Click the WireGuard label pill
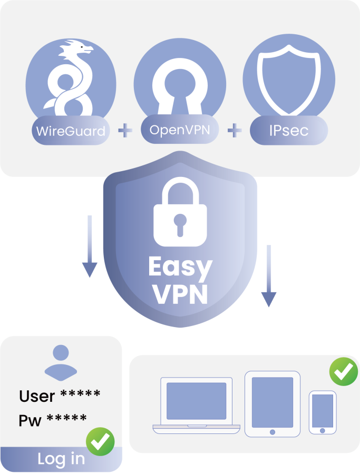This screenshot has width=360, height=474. click(x=71, y=130)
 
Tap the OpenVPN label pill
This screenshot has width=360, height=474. click(x=180, y=129)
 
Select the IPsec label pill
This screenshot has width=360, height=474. click(x=289, y=130)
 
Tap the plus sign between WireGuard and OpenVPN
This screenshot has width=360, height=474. click(x=125, y=131)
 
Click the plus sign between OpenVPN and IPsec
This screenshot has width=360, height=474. click(x=235, y=131)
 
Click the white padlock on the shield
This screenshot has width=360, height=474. click(x=180, y=212)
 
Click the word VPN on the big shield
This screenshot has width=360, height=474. click(x=180, y=294)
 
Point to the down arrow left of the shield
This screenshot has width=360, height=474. click(x=90, y=246)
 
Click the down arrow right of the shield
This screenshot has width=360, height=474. click(x=269, y=275)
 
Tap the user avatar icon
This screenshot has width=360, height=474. click(x=61, y=362)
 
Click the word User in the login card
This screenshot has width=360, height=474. click(x=37, y=396)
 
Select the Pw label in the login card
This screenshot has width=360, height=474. click(x=30, y=420)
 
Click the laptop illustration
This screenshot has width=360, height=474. click(x=196, y=406)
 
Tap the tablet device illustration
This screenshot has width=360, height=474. click(x=273, y=404)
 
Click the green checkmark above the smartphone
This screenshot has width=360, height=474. click(x=344, y=371)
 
